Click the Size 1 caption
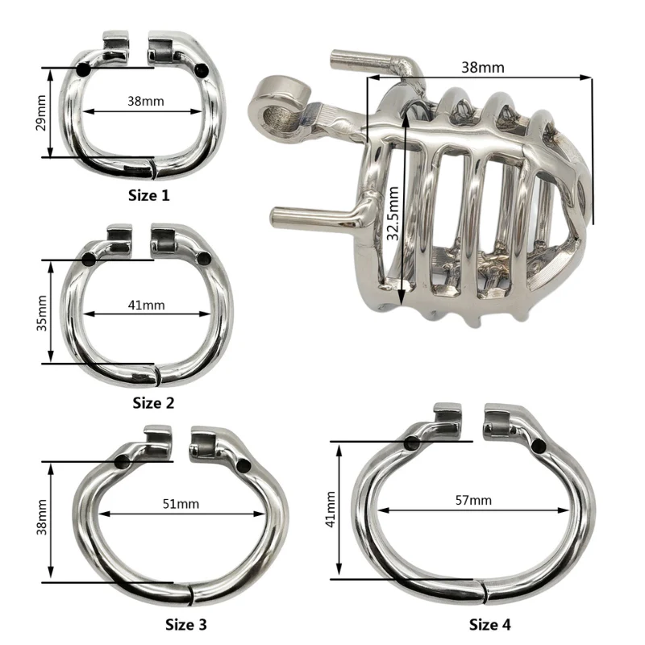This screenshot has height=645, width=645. (149, 195)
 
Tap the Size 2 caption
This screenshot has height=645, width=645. (153, 403)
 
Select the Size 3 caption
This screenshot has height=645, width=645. (186, 625)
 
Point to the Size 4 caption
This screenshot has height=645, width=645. (490, 625)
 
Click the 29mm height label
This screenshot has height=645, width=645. (41, 113)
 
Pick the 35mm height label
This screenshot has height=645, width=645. (42, 313)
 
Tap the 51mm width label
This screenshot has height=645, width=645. (181, 504)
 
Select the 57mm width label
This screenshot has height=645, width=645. (473, 500)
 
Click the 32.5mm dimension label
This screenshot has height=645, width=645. (393, 214)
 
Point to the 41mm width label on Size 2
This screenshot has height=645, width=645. (147, 306)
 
